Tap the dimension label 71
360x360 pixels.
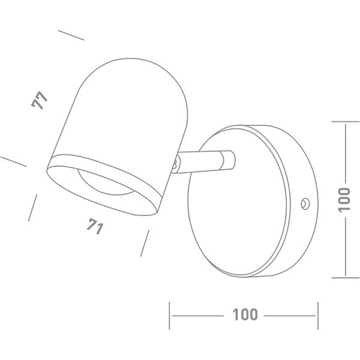click(x=93, y=227)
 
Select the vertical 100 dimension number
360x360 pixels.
click(x=344, y=199)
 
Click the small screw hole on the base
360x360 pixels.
click(x=305, y=203)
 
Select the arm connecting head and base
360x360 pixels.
click(x=201, y=162)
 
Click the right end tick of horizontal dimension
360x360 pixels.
click(x=317, y=314)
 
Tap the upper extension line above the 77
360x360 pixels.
click(x=71, y=35)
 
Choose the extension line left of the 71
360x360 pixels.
click(x=34, y=208)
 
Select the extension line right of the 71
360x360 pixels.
click(x=144, y=244)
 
